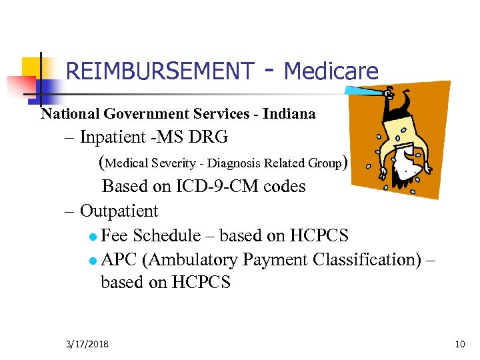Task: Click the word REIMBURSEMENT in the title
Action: (x=160, y=71)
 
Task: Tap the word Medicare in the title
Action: (x=331, y=71)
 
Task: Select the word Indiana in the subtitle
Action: (x=289, y=114)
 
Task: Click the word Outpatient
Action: (x=119, y=211)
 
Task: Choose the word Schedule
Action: (x=166, y=235)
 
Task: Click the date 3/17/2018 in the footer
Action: (x=87, y=344)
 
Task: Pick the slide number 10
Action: (x=459, y=344)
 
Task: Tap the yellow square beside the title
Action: (x=33, y=68)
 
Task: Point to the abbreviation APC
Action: (x=118, y=259)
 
